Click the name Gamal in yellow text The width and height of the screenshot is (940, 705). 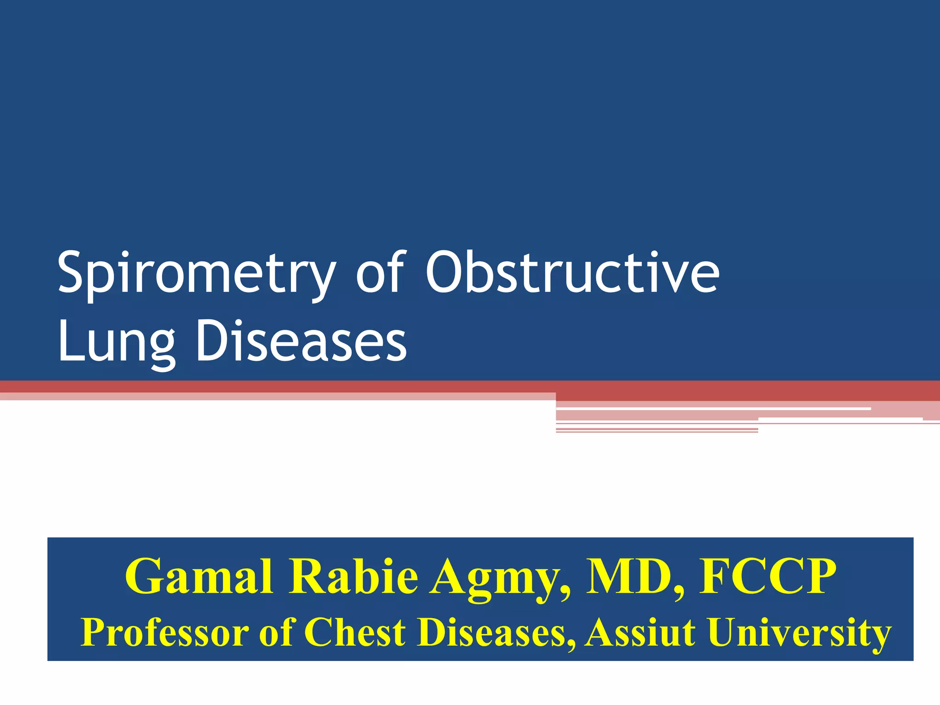tap(199, 577)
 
